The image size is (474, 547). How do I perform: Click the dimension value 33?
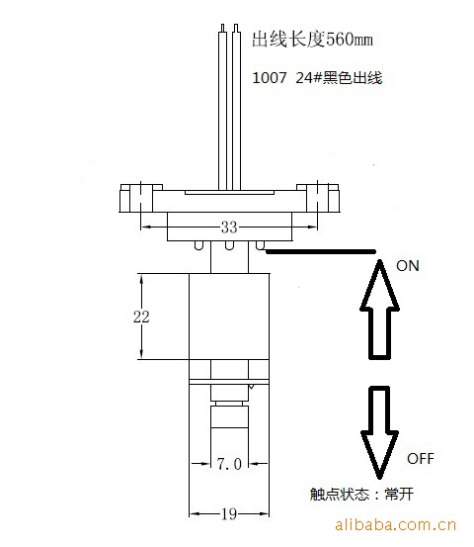[229, 228]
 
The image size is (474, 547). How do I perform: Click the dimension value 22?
[141, 317]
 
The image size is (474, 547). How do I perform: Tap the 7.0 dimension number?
[229, 464]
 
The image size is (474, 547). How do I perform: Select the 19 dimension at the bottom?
[229, 513]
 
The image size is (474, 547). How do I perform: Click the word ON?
[408, 266]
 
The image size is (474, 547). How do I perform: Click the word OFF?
[421, 458]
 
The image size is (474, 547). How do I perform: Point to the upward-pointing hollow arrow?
[379, 310]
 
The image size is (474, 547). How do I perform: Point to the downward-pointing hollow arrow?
[379, 432]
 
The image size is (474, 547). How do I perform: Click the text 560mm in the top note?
[350, 40]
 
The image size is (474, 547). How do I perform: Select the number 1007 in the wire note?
[270, 78]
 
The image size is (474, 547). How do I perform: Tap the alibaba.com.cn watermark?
[395, 524]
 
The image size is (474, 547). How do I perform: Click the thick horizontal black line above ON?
[320, 251]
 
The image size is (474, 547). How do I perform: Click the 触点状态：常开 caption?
[361, 494]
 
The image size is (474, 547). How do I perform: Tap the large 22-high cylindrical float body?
[229, 317]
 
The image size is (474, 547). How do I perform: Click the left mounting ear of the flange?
[137, 198]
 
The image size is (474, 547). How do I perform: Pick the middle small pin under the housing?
[228, 245]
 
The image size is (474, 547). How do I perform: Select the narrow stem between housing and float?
[229, 257]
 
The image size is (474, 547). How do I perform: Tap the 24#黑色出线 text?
[339, 78]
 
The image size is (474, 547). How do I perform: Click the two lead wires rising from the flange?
[229, 108]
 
